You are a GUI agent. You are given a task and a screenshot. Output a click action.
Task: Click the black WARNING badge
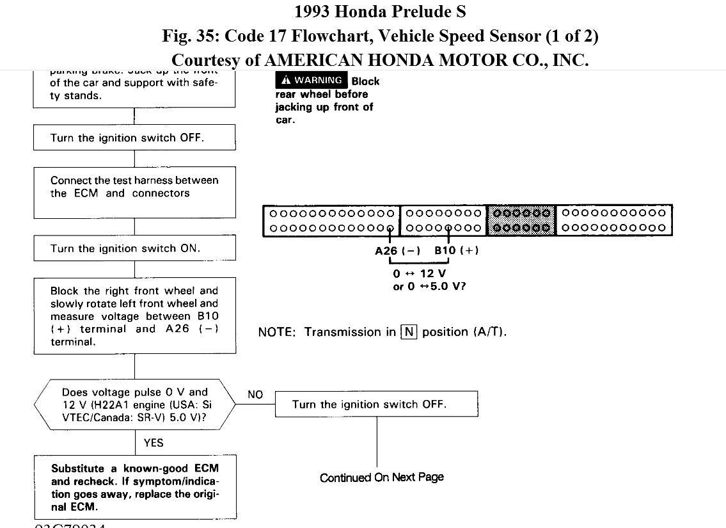pos(312,80)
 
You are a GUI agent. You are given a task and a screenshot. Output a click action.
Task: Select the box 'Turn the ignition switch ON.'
pos(134,248)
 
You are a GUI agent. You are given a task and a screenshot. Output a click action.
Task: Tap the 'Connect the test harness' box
pos(134,192)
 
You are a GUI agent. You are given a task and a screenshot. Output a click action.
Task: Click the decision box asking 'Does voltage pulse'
pos(134,404)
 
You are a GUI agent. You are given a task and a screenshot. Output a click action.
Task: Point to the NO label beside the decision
pos(255,394)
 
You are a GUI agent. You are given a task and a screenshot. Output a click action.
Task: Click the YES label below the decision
pos(154,442)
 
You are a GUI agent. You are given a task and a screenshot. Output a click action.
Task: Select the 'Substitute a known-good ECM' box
pos(135,487)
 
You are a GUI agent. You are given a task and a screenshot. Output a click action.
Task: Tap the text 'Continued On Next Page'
pos(382,477)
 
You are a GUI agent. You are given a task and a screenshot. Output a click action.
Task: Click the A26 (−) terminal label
pos(397,250)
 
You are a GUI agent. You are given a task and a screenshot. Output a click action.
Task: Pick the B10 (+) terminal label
pos(456,250)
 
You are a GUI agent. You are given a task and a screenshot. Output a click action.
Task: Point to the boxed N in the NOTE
pos(409,332)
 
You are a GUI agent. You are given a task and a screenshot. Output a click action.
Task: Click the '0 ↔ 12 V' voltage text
pos(420,273)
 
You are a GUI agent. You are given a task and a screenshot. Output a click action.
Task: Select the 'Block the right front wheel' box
pos(134,316)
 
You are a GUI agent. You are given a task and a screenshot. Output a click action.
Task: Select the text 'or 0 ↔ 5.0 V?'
pos(429,286)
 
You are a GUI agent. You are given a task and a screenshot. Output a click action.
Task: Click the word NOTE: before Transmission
pos(277,332)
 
